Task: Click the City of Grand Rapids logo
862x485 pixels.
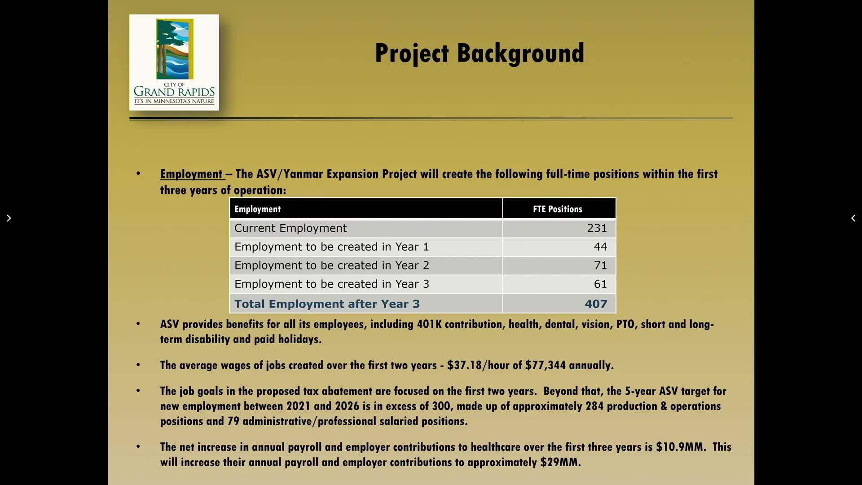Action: tap(174, 62)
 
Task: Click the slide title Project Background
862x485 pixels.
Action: tap(479, 53)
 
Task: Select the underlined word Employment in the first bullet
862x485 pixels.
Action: tap(191, 174)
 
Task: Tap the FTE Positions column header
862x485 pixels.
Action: tap(557, 209)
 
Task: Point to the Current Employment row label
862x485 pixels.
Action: tap(290, 228)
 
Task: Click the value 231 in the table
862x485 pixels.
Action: tap(597, 228)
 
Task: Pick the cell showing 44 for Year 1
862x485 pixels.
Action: tap(600, 247)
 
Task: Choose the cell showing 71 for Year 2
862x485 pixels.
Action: tap(600, 265)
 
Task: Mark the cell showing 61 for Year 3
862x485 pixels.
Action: tap(600, 284)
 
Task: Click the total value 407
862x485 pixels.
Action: tap(596, 304)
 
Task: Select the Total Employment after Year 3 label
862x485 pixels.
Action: tap(327, 304)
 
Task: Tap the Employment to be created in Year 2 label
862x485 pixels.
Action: tap(332, 265)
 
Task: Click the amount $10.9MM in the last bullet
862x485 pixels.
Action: tap(681, 447)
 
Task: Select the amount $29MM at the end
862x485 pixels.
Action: tap(560, 462)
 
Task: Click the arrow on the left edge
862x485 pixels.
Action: tap(9, 218)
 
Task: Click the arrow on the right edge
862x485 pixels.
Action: tap(853, 218)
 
